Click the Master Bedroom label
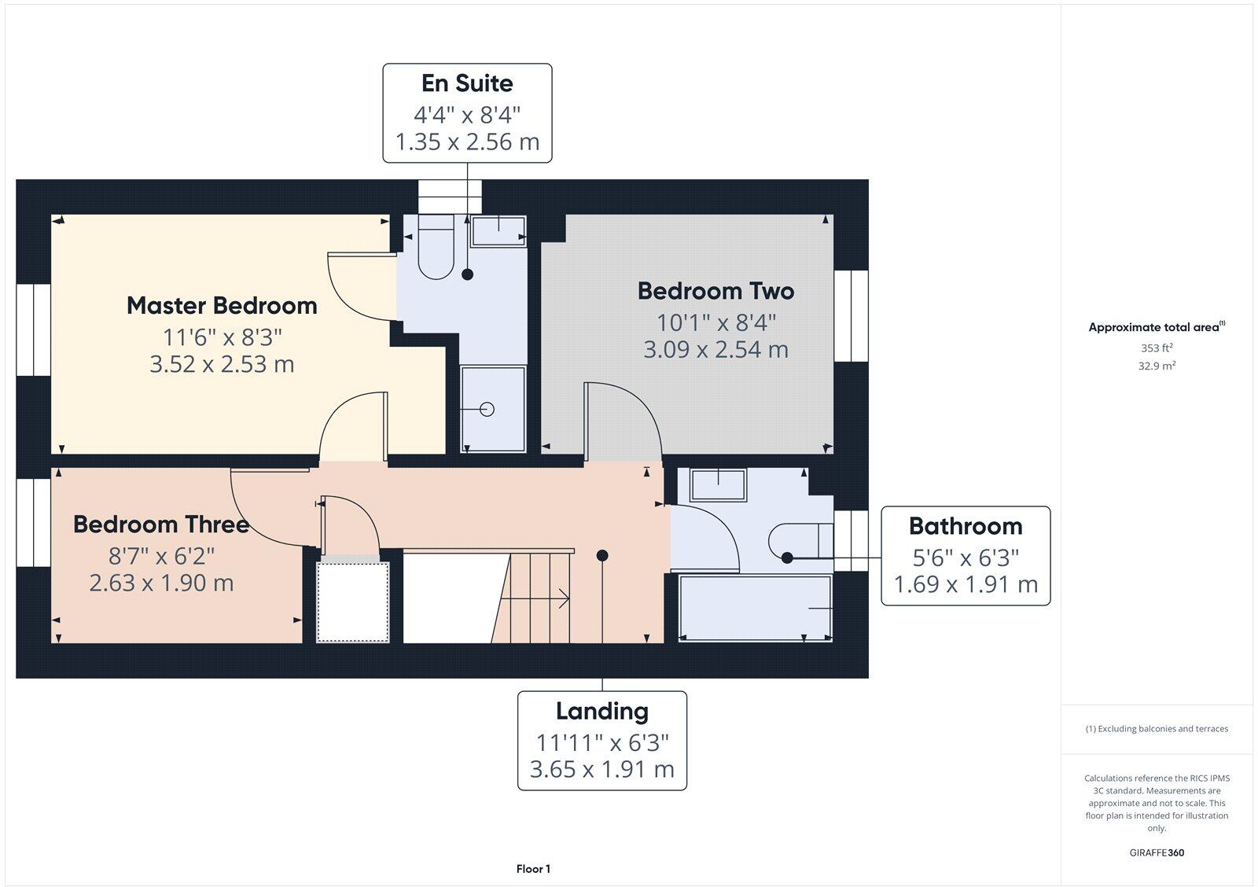click(222, 306)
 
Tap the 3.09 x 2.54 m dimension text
click(715, 349)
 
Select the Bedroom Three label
click(161, 524)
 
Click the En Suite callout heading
click(467, 83)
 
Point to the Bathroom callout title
click(966, 526)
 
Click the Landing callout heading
click(602, 711)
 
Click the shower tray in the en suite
click(493, 409)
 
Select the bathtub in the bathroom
click(755, 609)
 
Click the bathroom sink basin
click(717, 484)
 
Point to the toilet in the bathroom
click(798, 542)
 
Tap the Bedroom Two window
click(852, 316)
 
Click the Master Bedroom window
click(33, 329)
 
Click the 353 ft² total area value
click(1157, 348)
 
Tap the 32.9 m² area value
click(1157, 366)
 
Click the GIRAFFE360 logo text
click(1157, 852)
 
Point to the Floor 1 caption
click(533, 869)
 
